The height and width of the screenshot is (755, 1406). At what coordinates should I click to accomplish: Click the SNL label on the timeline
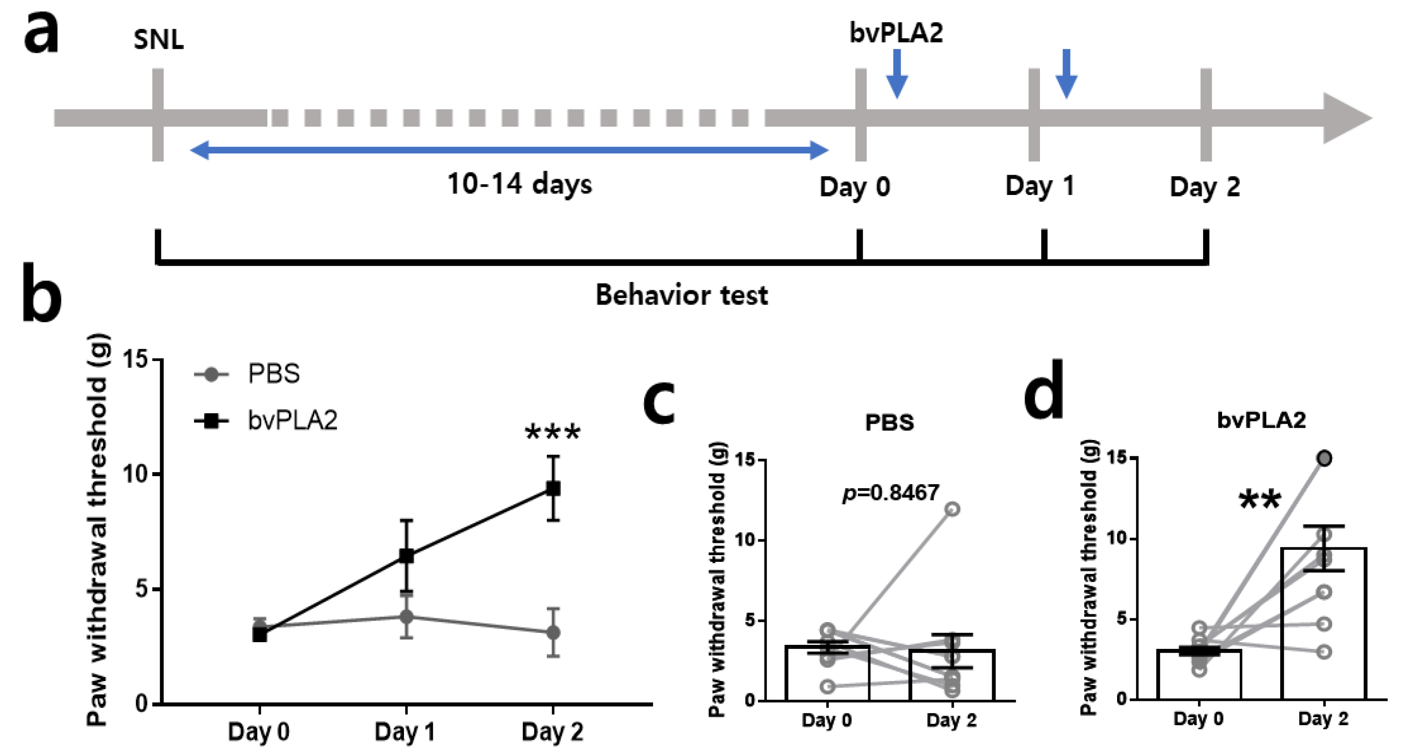[x=158, y=40]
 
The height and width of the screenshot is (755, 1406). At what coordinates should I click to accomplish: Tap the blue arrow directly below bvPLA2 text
[x=897, y=74]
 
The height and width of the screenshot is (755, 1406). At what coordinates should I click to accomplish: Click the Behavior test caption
[x=681, y=296]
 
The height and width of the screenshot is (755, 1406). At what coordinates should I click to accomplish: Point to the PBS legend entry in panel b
[x=273, y=374]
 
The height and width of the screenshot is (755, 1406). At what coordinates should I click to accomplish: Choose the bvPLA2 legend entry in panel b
[x=292, y=421]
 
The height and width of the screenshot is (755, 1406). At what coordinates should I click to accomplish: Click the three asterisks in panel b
[x=552, y=433]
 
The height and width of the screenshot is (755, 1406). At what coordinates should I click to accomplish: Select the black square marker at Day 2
[x=553, y=488]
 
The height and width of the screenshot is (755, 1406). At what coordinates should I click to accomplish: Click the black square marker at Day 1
[x=406, y=556]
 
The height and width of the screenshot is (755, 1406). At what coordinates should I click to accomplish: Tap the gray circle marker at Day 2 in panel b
[x=553, y=633]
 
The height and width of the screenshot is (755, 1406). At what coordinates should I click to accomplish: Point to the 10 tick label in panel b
[x=135, y=474]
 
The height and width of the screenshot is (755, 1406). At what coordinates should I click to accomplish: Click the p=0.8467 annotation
[x=891, y=493]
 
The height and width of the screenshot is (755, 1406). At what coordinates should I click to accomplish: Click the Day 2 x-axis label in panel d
[x=1323, y=719]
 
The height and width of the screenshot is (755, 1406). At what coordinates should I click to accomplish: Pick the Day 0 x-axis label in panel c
[x=826, y=720]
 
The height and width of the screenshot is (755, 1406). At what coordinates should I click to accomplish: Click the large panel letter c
[x=659, y=403]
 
